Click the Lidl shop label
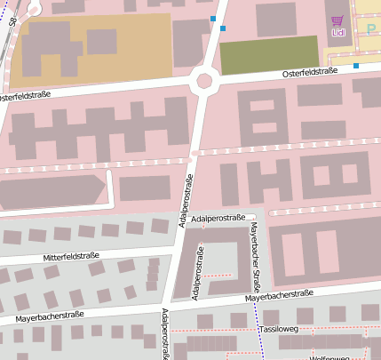pyautogui.click(x=337, y=33)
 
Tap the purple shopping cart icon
pyautogui.click(x=337, y=20)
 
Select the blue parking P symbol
pyautogui.click(x=370, y=29)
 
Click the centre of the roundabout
pyautogui.click(x=204, y=81)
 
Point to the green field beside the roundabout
pyautogui.click(x=268, y=54)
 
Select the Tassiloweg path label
pyautogui.click(x=279, y=329)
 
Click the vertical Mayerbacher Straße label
pyautogui.click(x=254, y=251)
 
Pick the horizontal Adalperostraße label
pyautogui.click(x=218, y=217)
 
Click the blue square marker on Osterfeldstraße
pyautogui.click(x=355, y=66)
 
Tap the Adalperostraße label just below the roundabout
pyautogui.click(x=188, y=200)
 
